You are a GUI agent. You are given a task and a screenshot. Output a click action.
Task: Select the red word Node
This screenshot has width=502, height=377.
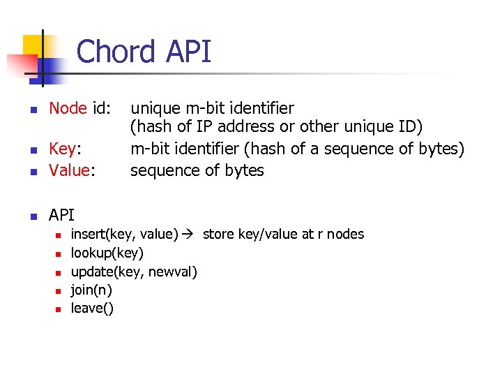68,108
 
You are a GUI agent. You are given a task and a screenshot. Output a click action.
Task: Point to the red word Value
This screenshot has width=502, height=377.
68,170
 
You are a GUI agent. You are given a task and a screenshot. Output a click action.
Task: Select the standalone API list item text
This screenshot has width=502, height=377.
61,214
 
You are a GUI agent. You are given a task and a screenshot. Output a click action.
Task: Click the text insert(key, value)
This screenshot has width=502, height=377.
125,234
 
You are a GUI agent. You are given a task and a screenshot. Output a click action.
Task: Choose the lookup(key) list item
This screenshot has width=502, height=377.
107,253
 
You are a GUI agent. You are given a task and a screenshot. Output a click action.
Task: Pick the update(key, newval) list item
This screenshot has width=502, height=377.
134,271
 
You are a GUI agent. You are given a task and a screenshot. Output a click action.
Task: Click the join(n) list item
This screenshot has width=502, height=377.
91,289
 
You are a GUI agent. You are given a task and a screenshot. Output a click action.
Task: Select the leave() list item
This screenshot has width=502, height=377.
92,307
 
